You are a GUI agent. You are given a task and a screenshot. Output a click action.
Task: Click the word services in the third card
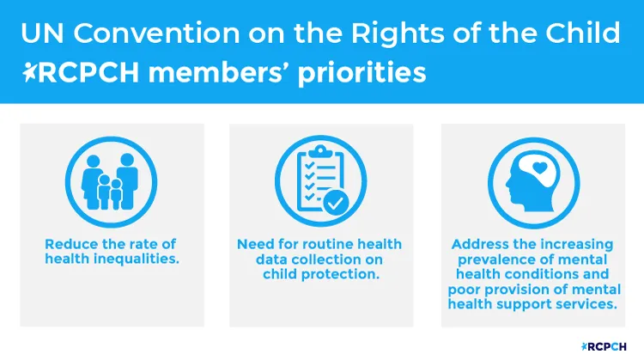tap(584, 302)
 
